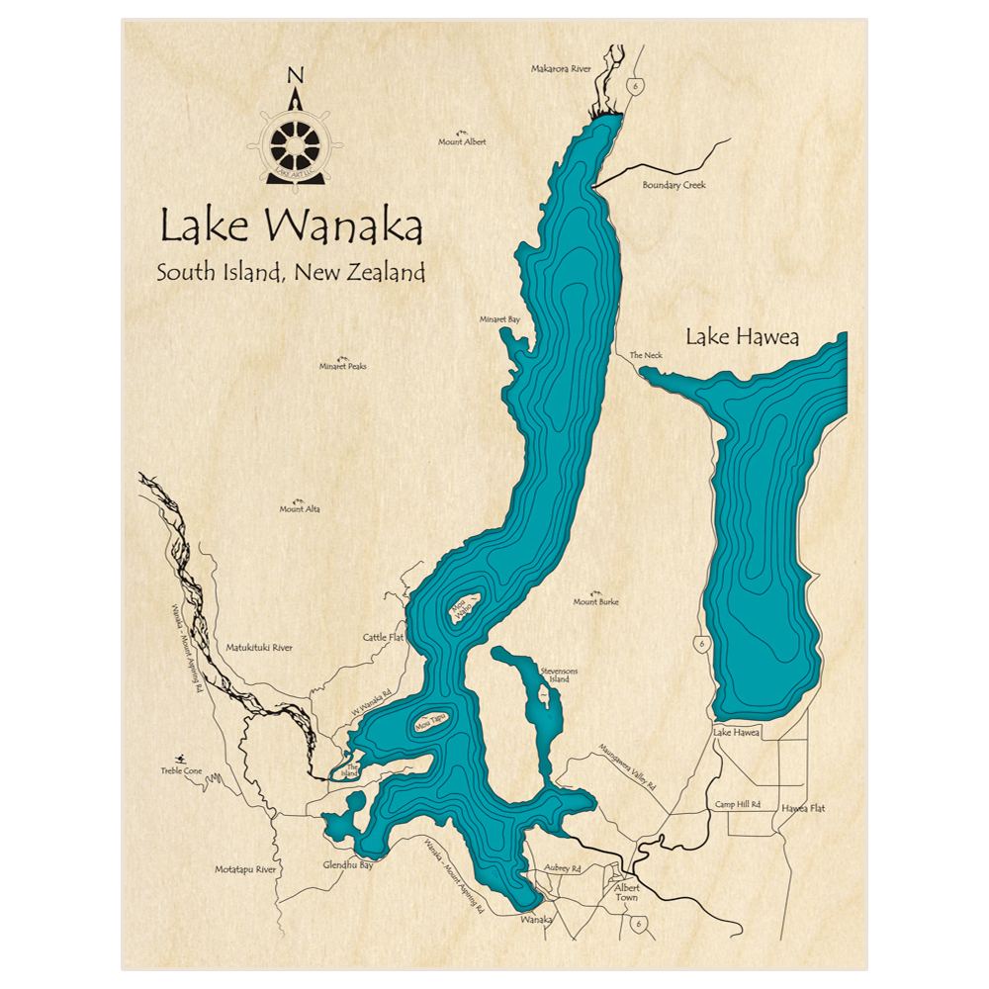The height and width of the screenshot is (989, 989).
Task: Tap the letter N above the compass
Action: click(x=294, y=76)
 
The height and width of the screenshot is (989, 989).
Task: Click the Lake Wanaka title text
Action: click(x=292, y=227)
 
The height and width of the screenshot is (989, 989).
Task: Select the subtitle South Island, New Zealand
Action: click(x=290, y=273)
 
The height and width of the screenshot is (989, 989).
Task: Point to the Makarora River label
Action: click(x=561, y=69)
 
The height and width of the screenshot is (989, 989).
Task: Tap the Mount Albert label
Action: click(x=462, y=141)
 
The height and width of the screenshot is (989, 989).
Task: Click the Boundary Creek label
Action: click(x=674, y=185)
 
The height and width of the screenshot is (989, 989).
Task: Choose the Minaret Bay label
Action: click(x=499, y=319)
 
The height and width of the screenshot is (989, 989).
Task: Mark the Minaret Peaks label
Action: click(x=342, y=366)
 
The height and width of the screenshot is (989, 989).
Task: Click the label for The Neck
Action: click(x=646, y=355)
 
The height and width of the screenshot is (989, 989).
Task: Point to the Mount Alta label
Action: click(x=300, y=509)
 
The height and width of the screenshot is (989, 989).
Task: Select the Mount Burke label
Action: click(x=595, y=601)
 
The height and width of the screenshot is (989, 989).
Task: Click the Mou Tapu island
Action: click(x=431, y=723)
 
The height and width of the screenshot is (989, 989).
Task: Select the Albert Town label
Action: click(x=627, y=892)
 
